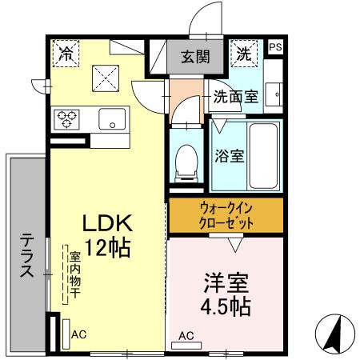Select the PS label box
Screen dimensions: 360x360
click(274, 47)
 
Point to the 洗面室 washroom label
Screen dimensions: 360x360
click(235, 97)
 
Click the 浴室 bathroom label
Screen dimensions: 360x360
click(229, 155)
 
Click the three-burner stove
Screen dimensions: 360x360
click(66, 119)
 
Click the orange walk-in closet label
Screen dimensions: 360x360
click(225, 214)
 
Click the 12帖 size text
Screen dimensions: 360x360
click(108, 247)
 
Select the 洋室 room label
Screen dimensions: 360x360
click(225, 283)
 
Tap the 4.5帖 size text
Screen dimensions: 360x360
click(225, 307)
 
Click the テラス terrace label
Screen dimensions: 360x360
click(27, 254)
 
